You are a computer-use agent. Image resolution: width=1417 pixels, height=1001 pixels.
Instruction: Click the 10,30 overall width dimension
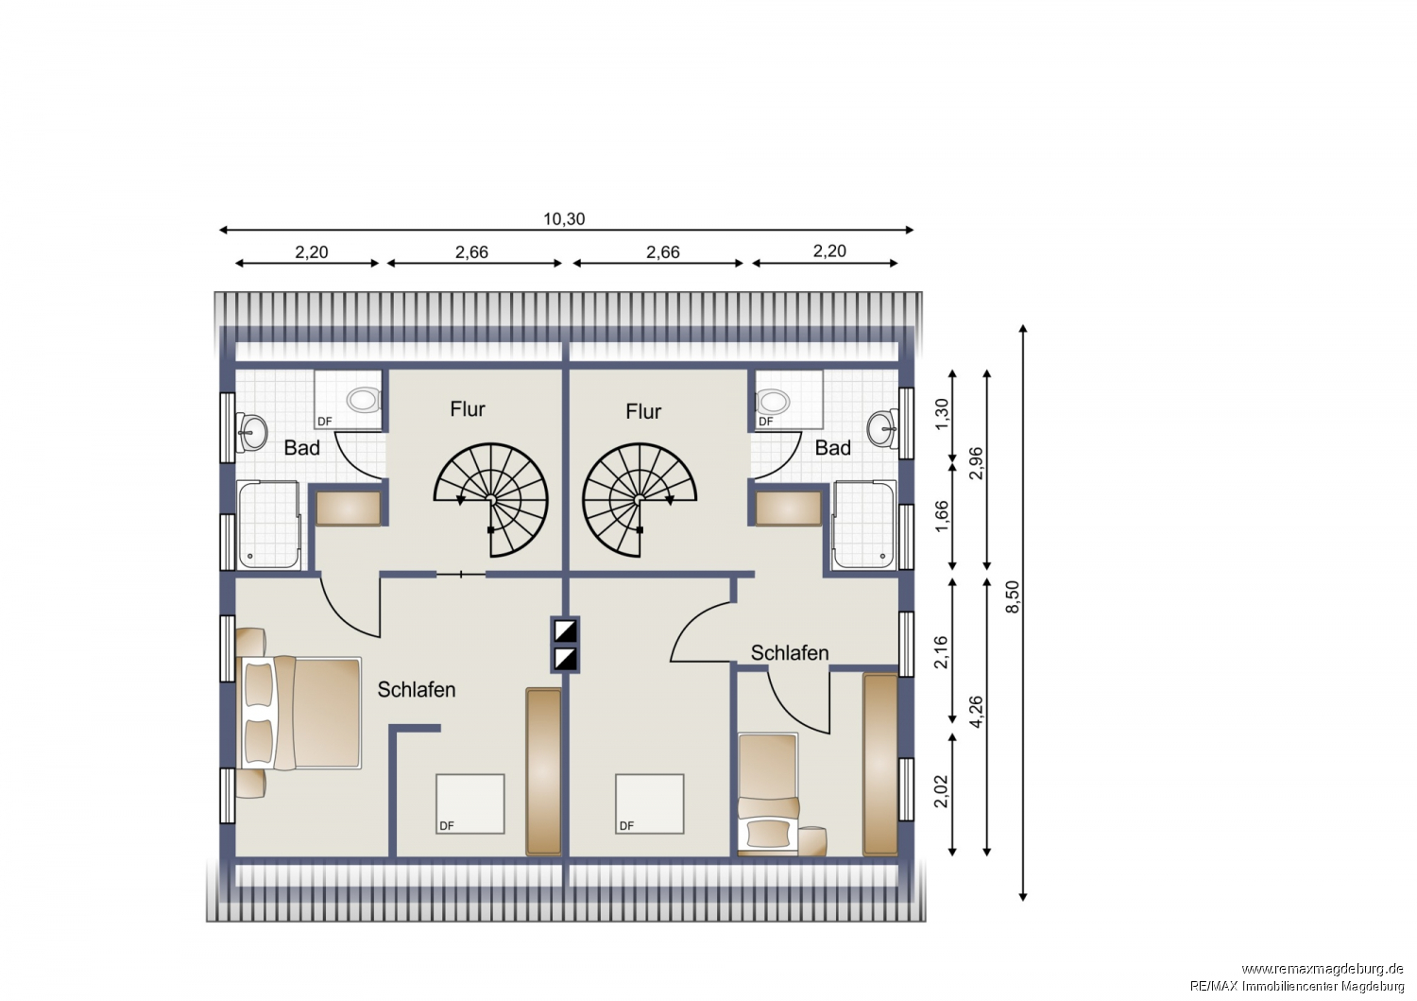pos(564,219)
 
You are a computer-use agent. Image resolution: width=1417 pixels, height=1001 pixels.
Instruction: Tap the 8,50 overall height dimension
pos(1013,596)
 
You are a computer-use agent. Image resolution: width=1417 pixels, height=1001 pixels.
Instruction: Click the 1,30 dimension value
pos(942,414)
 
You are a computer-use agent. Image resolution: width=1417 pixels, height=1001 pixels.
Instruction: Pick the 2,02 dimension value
pos(942,791)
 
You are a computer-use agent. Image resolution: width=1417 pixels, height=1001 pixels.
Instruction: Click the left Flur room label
pos(468,409)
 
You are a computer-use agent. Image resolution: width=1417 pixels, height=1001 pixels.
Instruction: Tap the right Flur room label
pos(643,411)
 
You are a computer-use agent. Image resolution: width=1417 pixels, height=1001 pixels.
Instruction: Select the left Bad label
pos(301,448)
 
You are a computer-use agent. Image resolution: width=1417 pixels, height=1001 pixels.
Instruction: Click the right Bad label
pos(832,448)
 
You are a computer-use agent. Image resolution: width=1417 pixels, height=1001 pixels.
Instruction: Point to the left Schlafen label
pos(417,689)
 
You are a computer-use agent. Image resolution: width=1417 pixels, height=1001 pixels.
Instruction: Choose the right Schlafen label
pos(790,652)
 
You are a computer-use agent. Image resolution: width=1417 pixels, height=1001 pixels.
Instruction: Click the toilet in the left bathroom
pos(363,400)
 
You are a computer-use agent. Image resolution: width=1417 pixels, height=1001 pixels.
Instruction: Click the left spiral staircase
pos(491,499)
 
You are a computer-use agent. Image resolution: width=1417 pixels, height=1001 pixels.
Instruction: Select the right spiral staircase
pos(639,499)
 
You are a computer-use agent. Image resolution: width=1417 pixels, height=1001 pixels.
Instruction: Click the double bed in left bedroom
pos(299,713)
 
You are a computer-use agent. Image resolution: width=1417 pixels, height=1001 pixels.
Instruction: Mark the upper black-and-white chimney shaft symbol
pos(565,631)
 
